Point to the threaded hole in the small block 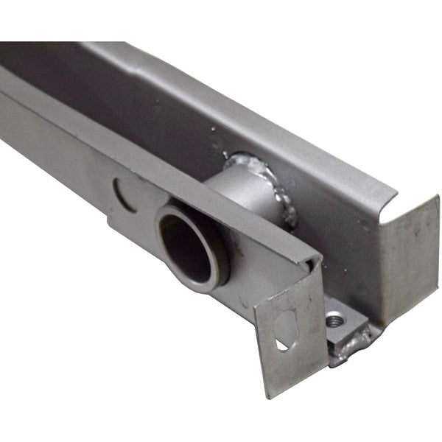(x=335, y=320)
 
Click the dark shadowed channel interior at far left (x=29, y=63)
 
